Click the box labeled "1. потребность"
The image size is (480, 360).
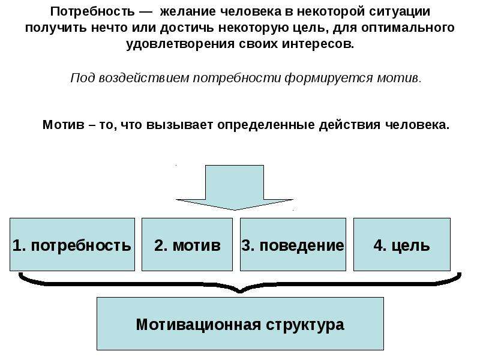[72, 244]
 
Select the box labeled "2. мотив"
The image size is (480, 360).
[187, 244]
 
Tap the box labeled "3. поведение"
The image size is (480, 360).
[293, 244]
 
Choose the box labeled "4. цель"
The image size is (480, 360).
[402, 244]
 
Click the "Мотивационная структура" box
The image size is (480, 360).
[241, 323]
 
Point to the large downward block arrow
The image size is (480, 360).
[235, 187]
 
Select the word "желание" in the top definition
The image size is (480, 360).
[188, 11]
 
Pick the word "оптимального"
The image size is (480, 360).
[408, 28]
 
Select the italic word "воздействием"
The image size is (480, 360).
[144, 78]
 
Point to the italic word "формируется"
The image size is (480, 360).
[329, 79]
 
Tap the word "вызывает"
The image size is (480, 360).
[179, 125]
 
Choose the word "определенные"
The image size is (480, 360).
[266, 125]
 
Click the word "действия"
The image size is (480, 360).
[350, 125]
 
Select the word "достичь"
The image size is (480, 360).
[187, 28]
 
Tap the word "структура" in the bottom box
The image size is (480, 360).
[305, 325]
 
